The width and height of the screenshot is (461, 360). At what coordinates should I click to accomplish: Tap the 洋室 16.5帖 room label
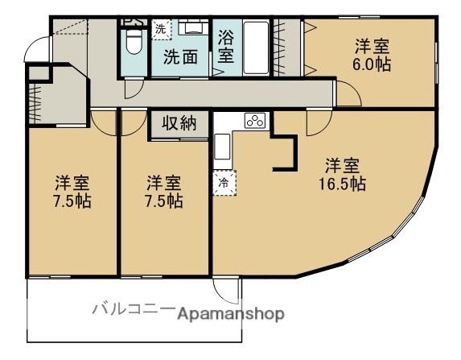[x=341, y=174]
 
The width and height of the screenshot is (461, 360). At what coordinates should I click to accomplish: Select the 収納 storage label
[x=179, y=123]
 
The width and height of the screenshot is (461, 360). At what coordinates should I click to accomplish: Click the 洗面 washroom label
[x=180, y=57]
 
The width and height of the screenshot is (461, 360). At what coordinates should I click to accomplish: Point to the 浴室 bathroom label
[x=225, y=47]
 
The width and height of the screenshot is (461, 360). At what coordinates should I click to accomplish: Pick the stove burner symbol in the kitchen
[x=255, y=122]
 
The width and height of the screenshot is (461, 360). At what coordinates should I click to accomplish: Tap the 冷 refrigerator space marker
[x=223, y=183]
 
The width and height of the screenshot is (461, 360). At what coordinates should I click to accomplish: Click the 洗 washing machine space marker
[x=162, y=29]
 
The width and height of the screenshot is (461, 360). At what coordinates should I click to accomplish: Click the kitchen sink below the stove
[x=223, y=147]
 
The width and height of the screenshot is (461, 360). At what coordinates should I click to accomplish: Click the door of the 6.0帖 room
[x=348, y=94]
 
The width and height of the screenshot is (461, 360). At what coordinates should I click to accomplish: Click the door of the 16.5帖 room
[x=318, y=122]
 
